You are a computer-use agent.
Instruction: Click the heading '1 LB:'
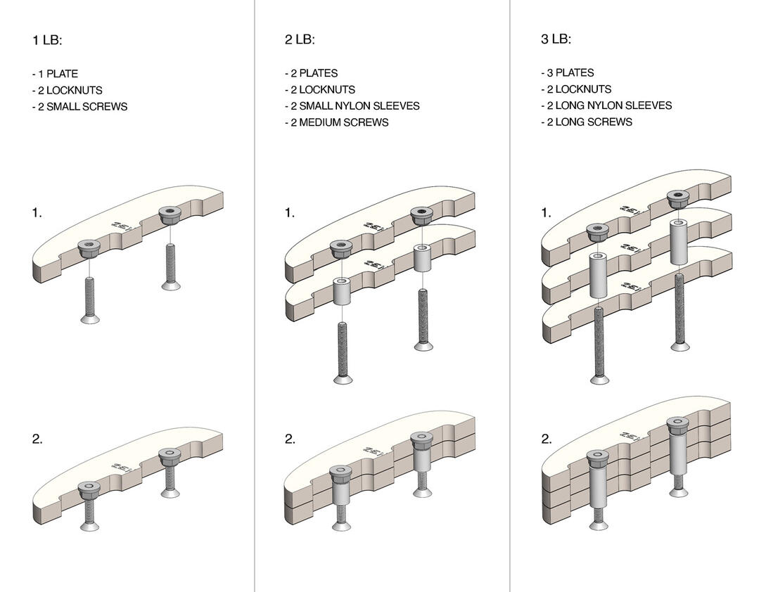click(x=47, y=40)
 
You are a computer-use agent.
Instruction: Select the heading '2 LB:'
click(x=300, y=39)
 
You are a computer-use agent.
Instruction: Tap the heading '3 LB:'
click(x=556, y=39)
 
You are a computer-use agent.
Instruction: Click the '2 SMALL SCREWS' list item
click(x=79, y=107)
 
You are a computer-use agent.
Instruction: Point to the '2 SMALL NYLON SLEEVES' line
click(x=352, y=106)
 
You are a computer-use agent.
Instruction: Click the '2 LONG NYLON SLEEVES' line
click(x=606, y=105)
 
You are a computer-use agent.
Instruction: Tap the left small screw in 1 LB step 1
click(x=89, y=299)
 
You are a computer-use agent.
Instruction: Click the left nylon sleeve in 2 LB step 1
click(x=341, y=291)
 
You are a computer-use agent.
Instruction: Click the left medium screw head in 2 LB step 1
click(x=343, y=380)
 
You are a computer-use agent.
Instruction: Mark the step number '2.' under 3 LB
click(x=546, y=439)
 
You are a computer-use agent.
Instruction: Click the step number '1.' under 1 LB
click(x=37, y=212)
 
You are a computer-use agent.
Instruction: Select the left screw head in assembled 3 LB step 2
click(x=599, y=525)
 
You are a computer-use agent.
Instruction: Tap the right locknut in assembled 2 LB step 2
click(x=421, y=439)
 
